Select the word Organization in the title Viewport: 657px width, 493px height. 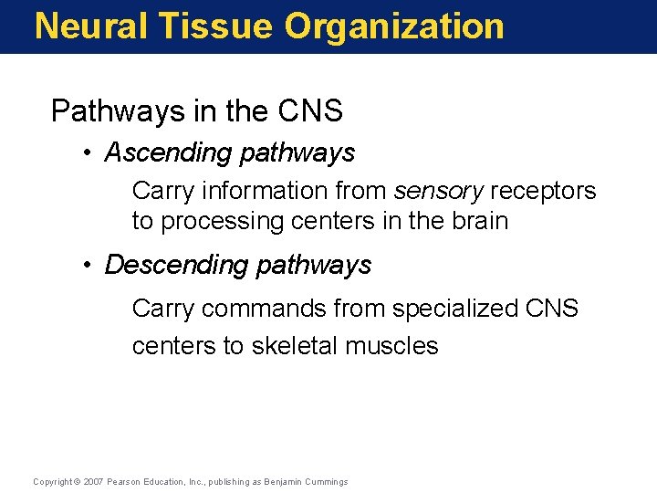click(x=394, y=26)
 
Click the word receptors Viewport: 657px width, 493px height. click(x=543, y=191)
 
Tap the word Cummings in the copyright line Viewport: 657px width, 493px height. click(x=327, y=482)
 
